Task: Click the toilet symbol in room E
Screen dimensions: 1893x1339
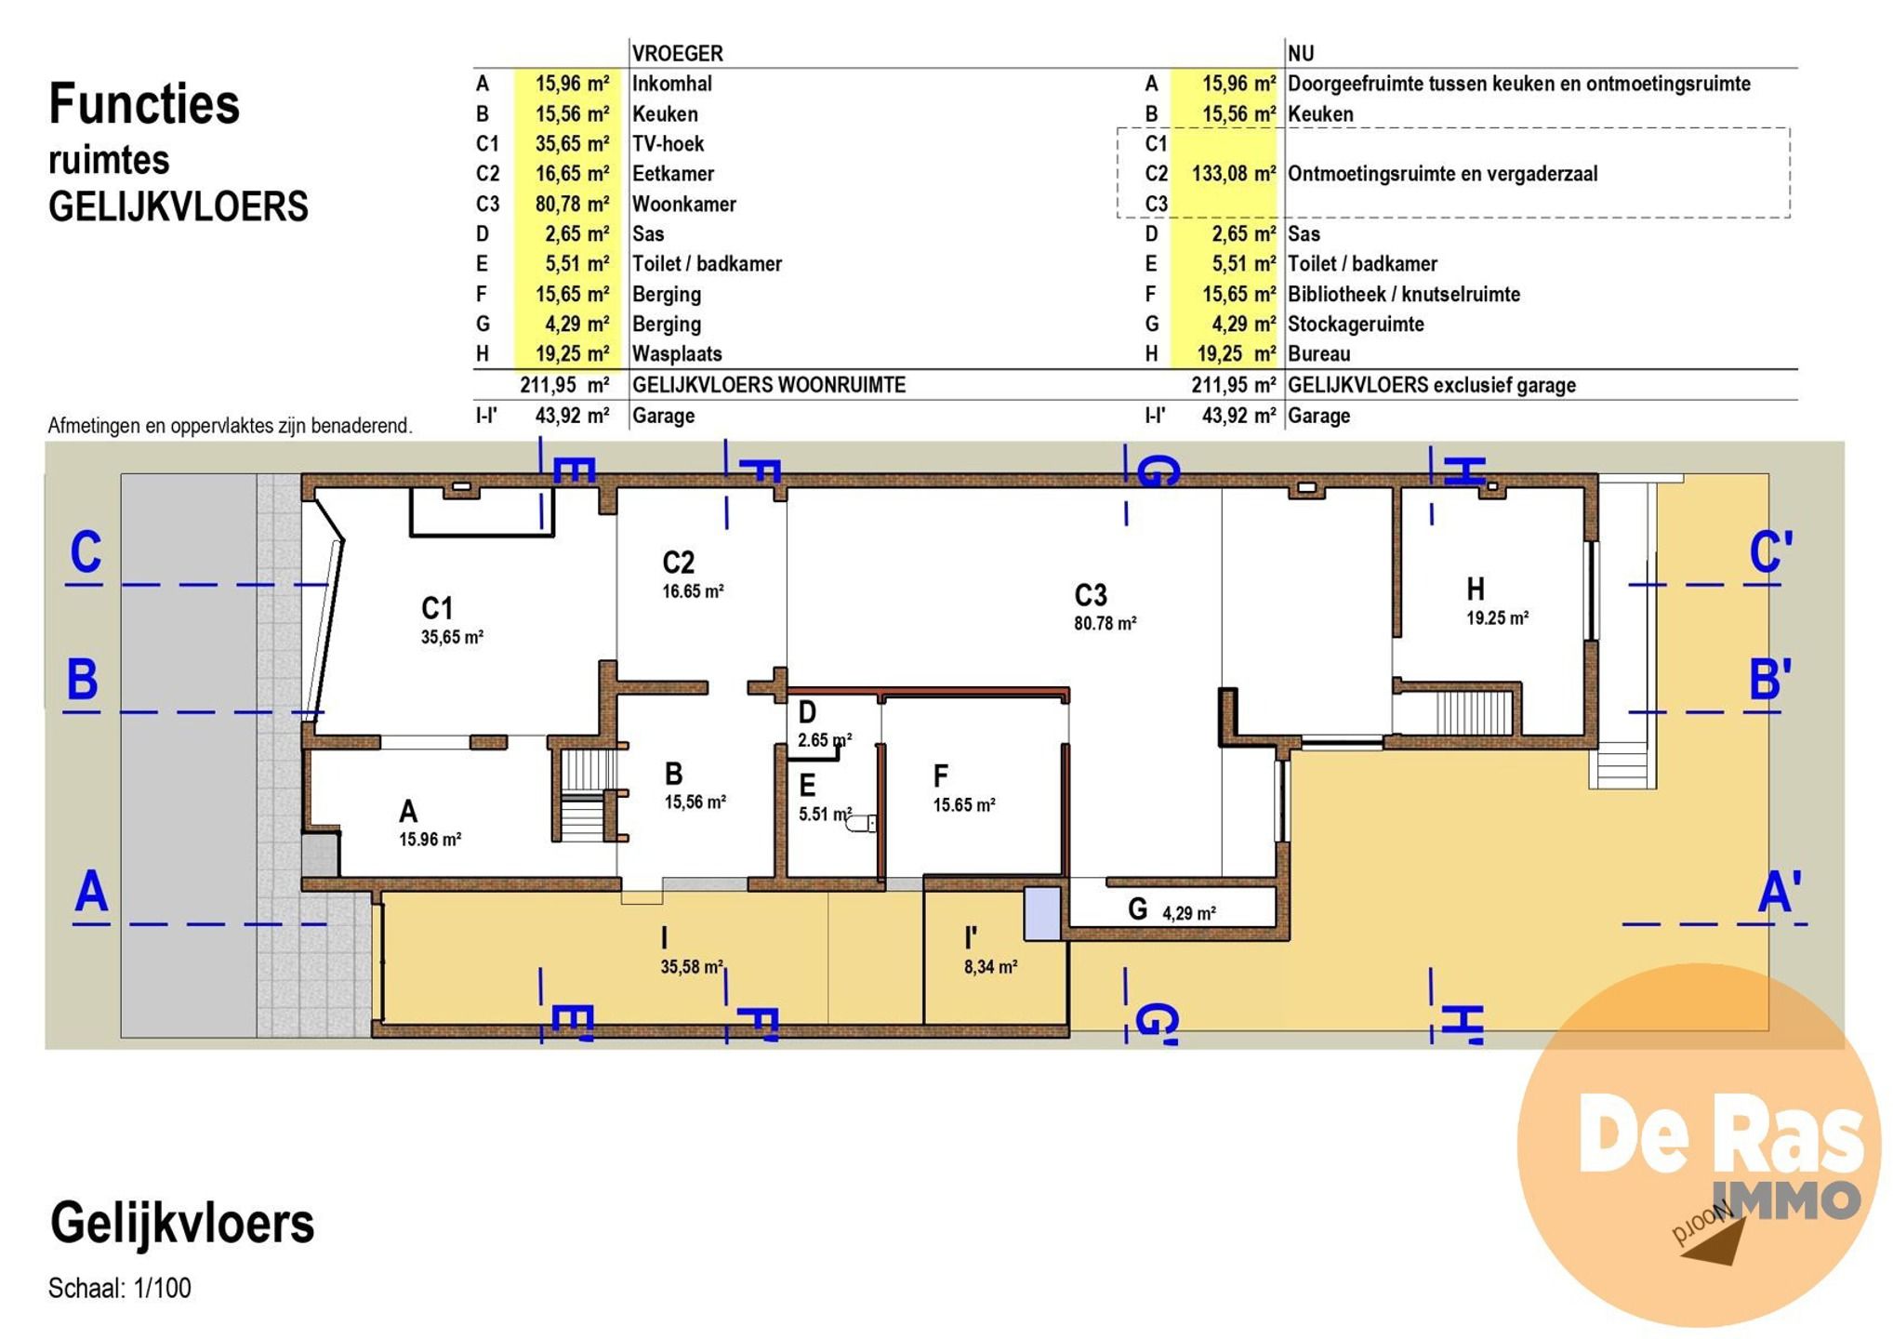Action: (x=861, y=822)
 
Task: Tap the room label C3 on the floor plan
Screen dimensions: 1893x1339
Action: (x=1091, y=595)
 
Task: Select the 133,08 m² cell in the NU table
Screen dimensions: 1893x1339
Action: (x=1233, y=174)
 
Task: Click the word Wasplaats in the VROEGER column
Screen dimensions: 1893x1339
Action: (x=677, y=354)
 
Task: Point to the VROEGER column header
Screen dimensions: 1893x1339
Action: (x=677, y=54)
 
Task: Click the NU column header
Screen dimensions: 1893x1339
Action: (x=1301, y=54)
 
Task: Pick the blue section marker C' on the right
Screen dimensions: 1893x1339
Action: (x=1770, y=552)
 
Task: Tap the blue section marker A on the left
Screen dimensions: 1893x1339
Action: (x=91, y=892)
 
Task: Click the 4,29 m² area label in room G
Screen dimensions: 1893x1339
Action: (x=1189, y=913)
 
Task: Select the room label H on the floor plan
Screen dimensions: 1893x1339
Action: (x=1476, y=589)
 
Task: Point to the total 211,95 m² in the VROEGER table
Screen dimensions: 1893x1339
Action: (x=564, y=385)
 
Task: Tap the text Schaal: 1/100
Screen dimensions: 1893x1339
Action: (x=120, y=1288)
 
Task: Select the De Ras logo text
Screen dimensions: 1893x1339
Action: (x=1721, y=1135)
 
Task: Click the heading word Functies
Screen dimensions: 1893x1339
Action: (x=144, y=103)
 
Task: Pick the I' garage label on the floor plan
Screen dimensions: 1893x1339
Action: (x=972, y=937)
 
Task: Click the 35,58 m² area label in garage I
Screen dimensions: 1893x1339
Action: (x=692, y=967)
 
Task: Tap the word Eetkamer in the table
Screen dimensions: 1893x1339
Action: (x=673, y=174)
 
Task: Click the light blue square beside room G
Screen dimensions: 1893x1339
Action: (x=1042, y=913)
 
